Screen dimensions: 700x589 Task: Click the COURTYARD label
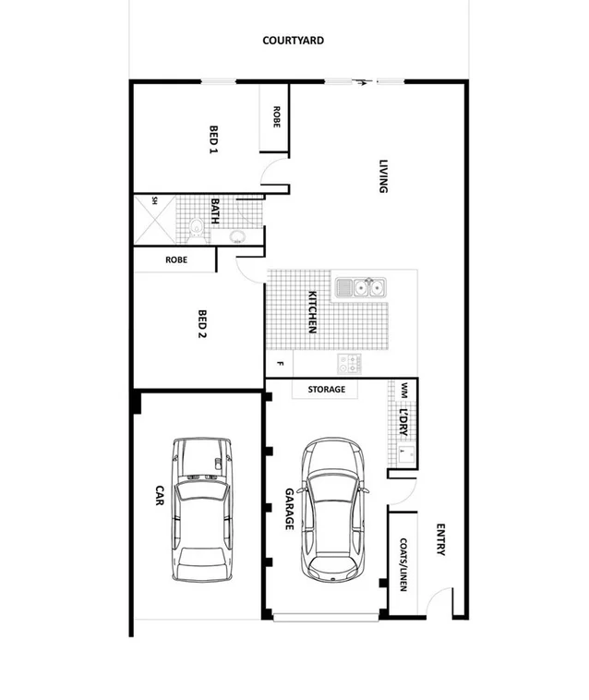pyautogui.click(x=293, y=41)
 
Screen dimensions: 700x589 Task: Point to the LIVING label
pyautogui.click(x=383, y=176)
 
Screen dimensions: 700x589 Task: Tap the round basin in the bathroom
pyautogui.click(x=237, y=235)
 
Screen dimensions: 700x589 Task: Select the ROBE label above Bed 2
pyautogui.click(x=176, y=260)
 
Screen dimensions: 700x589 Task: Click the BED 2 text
pyautogui.click(x=202, y=324)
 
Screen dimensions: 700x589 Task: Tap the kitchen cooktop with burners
pyautogui.click(x=349, y=363)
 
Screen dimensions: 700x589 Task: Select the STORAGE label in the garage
pyautogui.click(x=326, y=390)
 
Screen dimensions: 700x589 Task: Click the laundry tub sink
pyautogui.click(x=404, y=453)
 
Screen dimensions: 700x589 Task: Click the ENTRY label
pyautogui.click(x=439, y=540)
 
